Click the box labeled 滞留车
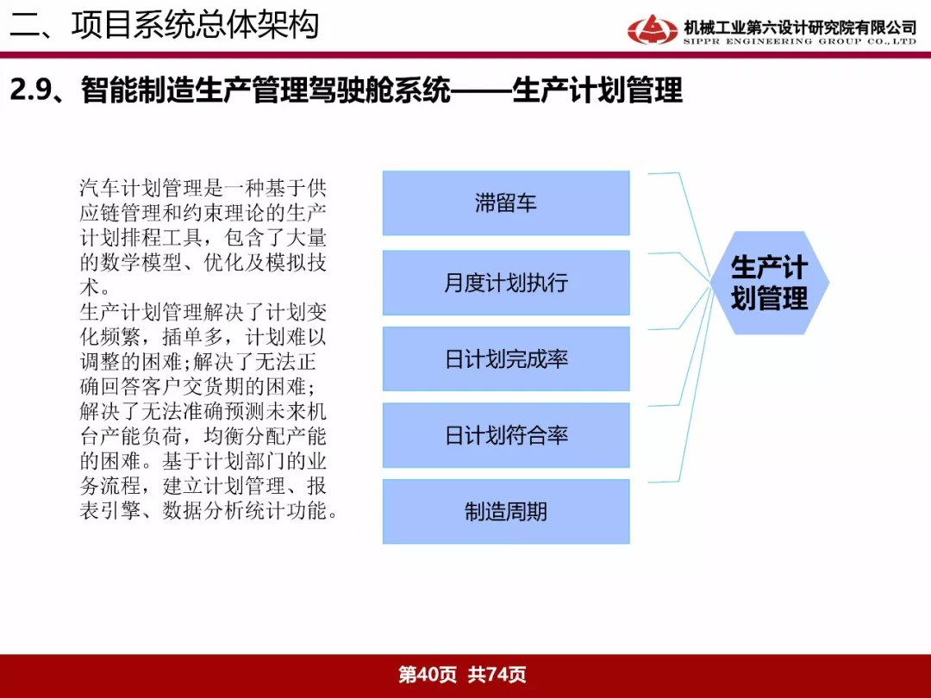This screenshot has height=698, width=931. point(506,203)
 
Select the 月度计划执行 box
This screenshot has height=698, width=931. point(506,283)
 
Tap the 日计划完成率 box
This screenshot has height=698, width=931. point(506,359)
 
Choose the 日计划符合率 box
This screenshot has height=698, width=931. point(506,435)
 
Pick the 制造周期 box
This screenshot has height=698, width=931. point(506,512)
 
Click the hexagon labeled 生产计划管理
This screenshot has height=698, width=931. point(770,284)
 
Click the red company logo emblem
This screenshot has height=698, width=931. point(652,29)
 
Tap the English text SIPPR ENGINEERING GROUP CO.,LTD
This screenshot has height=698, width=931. point(800,41)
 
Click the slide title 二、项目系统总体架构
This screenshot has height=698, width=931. point(165,25)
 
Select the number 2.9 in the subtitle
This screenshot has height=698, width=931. point(31,90)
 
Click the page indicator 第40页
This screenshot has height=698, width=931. point(428,675)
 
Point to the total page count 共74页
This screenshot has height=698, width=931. point(497,675)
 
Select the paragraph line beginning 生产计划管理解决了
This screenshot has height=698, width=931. point(203,312)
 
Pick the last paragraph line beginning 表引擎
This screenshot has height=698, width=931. point(209,510)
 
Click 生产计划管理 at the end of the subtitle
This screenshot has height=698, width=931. point(597,90)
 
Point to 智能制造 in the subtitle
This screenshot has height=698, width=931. point(138,90)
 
